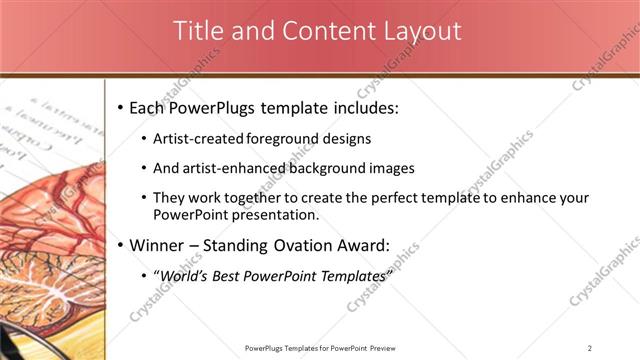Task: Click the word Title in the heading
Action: point(198,31)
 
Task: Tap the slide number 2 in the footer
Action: point(590,348)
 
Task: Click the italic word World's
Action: point(187,275)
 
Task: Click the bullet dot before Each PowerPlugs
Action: point(121,106)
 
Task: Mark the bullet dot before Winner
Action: point(121,245)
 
